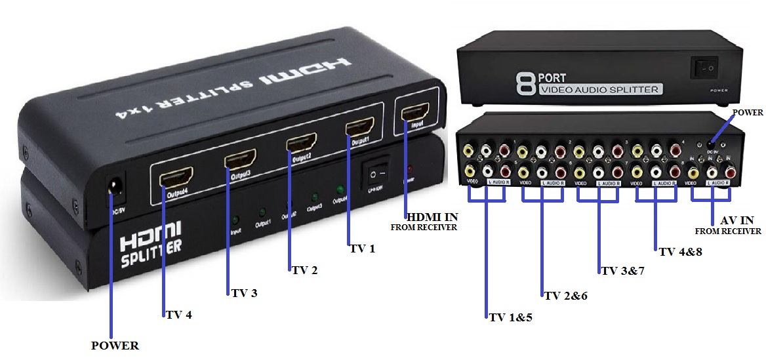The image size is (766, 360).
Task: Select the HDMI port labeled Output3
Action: click(x=241, y=159)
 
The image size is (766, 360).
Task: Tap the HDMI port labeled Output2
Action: click(x=300, y=142)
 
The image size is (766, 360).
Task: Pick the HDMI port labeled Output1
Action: click(x=359, y=127)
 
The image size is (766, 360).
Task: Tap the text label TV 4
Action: click(x=178, y=314)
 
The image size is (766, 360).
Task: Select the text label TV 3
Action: click(x=244, y=292)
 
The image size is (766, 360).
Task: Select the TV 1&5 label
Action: click(x=510, y=317)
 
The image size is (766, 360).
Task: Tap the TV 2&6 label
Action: click(x=565, y=296)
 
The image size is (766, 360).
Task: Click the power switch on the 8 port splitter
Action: click(x=705, y=67)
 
